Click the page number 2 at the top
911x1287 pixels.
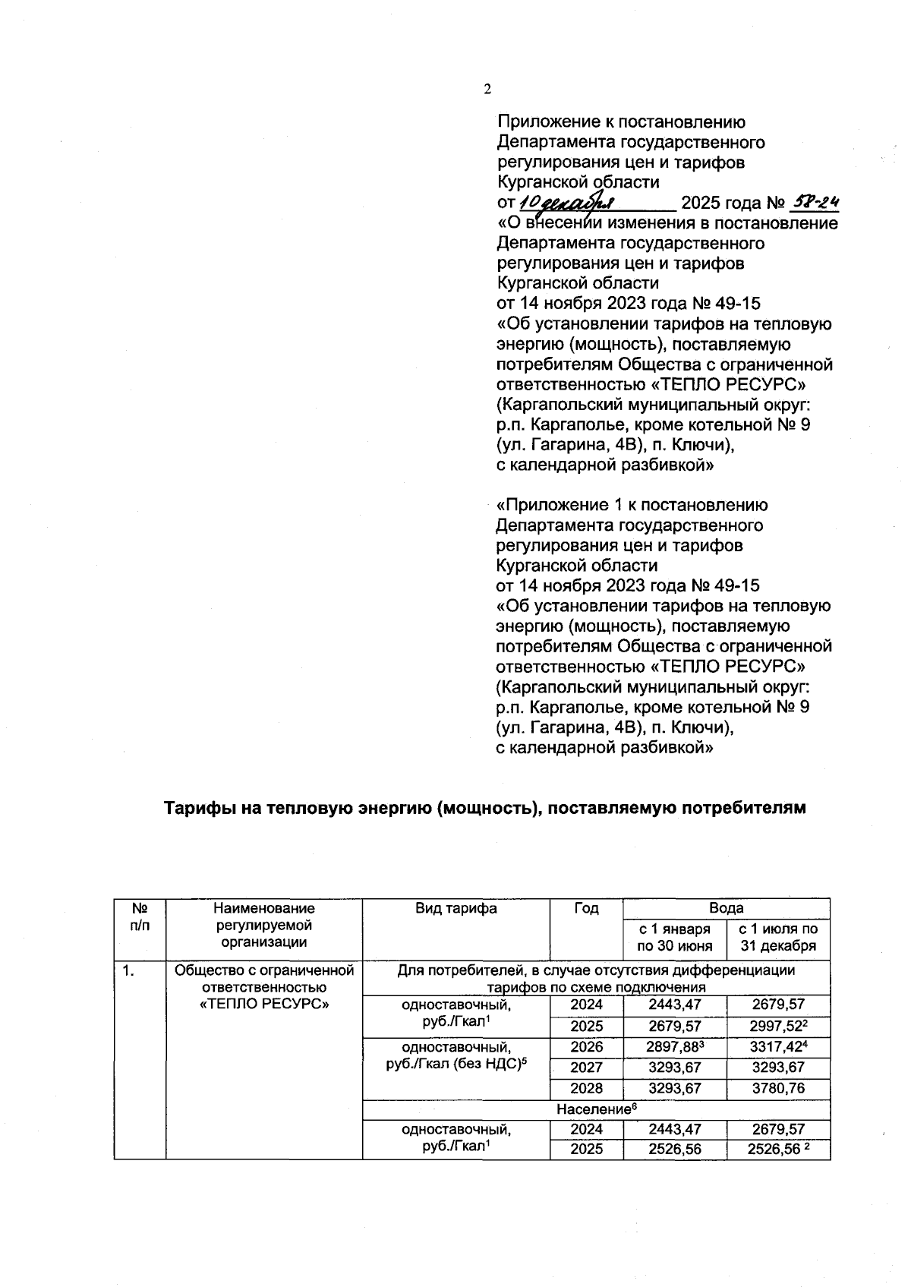tap(487, 89)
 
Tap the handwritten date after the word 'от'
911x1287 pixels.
tap(568, 203)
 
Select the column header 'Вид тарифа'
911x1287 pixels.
tap(456, 908)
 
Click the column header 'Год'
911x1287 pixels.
tap(585, 908)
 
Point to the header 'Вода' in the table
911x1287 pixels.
tap(726, 908)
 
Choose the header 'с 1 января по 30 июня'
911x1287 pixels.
tap(674, 937)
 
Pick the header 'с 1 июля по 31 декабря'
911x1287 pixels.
tap(778, 937)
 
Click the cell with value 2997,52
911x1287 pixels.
tap(776, 1026)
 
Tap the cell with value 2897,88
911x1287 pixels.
tap(673, 1047)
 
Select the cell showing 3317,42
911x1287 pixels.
tap(776, 1047)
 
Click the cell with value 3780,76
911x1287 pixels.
tap(778, 1088)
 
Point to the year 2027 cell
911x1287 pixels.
tap(586, 1068)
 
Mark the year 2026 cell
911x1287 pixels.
tap(586, 1047)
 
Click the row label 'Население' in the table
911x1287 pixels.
tap(594, 1109)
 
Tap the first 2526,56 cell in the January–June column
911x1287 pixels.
tap(674, 1150)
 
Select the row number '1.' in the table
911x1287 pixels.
tap(129, 970)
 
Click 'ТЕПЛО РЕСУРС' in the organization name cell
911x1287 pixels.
tap(263, 1004)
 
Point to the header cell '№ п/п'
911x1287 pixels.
tap(140, 916)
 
